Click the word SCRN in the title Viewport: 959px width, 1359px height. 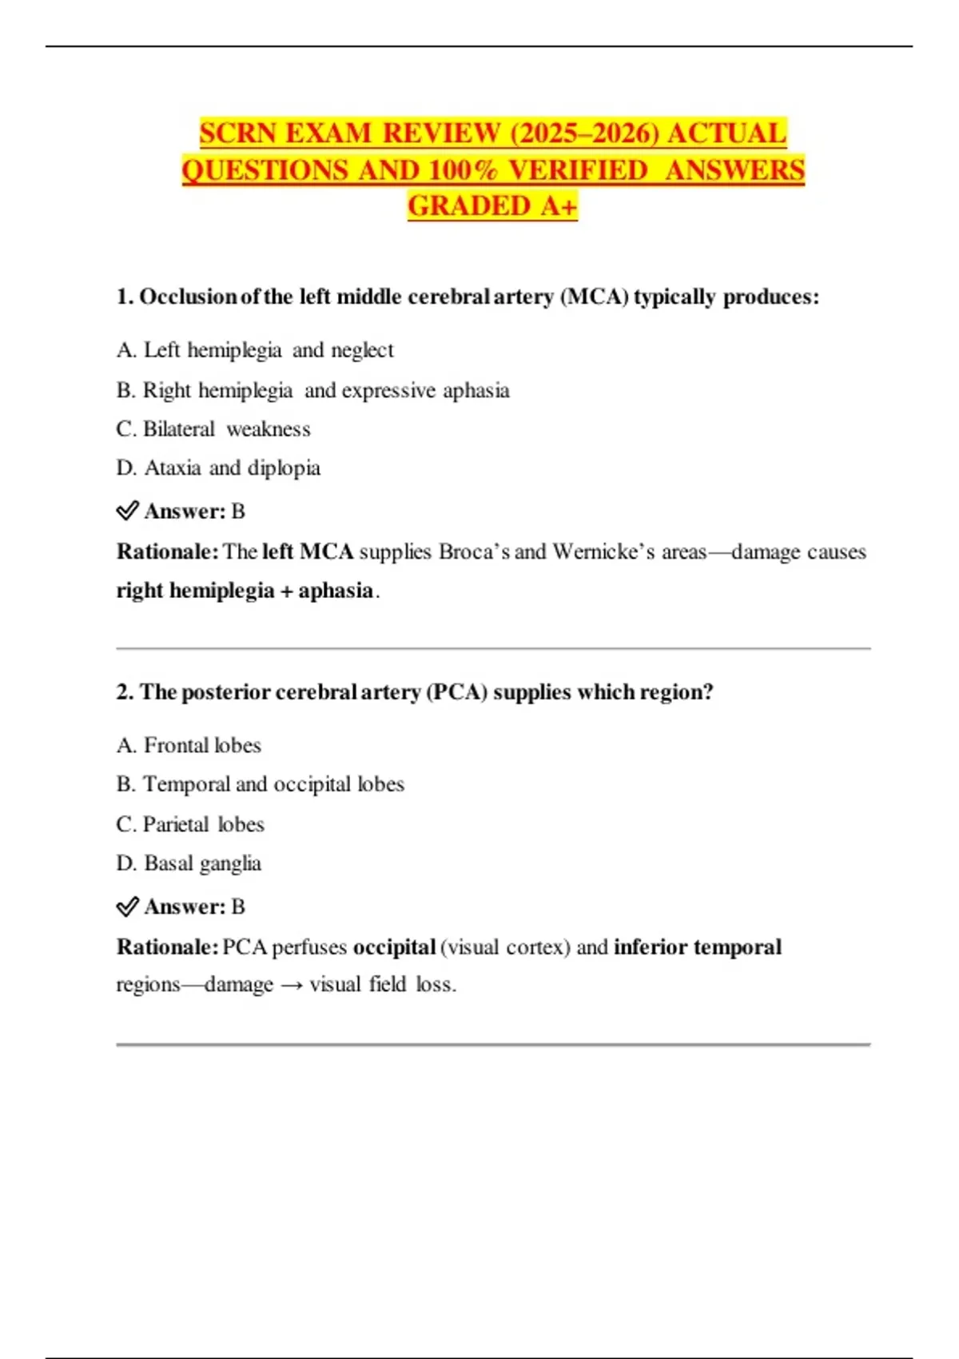coord(238,133)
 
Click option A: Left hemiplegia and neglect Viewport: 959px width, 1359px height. coord(255,350)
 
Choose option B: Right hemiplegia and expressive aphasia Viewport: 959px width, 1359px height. coord(312,390)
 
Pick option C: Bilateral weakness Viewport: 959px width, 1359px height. coord(213,429)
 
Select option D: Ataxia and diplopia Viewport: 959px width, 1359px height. coord(218,468)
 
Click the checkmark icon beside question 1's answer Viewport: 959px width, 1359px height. coord(127,511)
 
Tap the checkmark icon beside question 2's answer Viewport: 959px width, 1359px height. coord(127,907)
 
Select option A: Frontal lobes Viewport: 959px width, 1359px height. coord(189,745)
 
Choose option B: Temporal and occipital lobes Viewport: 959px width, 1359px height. coord(260,784)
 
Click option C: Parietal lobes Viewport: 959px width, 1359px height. coord(190,824)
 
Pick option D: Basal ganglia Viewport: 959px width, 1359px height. coord(189,863)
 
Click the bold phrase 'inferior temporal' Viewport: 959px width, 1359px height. coord(697,947)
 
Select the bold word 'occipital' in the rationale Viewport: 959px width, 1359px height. coord(394,947)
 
